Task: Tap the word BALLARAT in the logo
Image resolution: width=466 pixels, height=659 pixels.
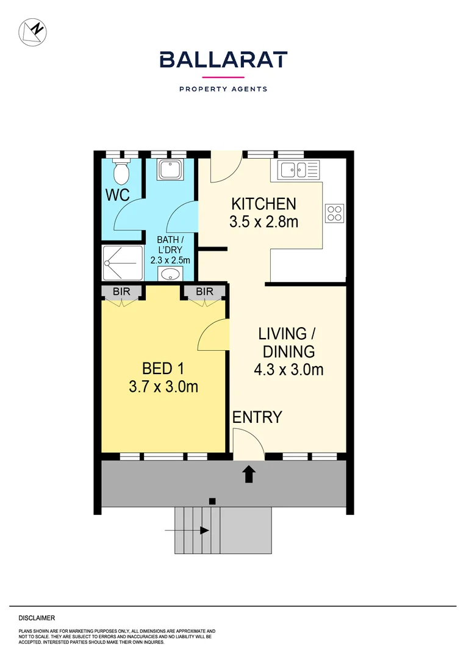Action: click(x=223, y=60)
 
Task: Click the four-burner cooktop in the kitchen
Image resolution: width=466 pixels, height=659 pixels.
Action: click(x=334, y=212)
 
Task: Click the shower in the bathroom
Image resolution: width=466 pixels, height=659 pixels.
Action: click(x=123, y=262)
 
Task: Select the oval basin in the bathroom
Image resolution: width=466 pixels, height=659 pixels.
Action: click(x=173, y=274)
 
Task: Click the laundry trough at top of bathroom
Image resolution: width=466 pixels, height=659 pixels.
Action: click(x=170, y=169)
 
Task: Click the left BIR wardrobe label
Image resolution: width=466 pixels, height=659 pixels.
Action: click(x=122, y=292)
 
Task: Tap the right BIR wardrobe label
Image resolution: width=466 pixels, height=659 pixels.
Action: click(x=205, y=292)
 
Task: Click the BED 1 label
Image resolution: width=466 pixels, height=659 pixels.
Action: click(x=163, y=369)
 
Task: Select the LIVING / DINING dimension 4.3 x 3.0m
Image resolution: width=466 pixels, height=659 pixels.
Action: click(x=289, y=369)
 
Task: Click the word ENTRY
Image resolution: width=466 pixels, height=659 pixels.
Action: click(x=257, y=417)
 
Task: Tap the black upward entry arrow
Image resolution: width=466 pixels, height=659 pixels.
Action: click(x=249, y=474)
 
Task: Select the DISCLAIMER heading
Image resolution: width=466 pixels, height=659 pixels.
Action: click(x=37, y=618)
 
